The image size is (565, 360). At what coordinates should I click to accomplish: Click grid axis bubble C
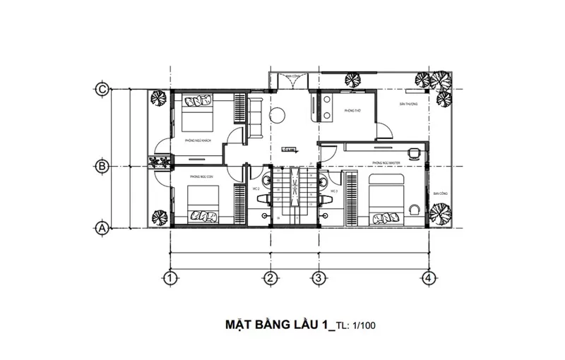[x=102, y=89]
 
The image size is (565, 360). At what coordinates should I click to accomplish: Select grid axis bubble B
[x=102, y=167]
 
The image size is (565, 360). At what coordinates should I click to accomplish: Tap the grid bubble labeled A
[x=102, y=228]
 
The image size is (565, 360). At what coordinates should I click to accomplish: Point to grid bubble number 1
[x=169, y=277]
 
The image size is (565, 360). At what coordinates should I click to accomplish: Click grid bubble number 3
[x=319, y=277]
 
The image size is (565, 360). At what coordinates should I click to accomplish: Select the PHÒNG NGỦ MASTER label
[x=385, y=163]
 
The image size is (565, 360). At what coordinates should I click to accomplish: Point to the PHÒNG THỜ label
[x=352, y=112]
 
